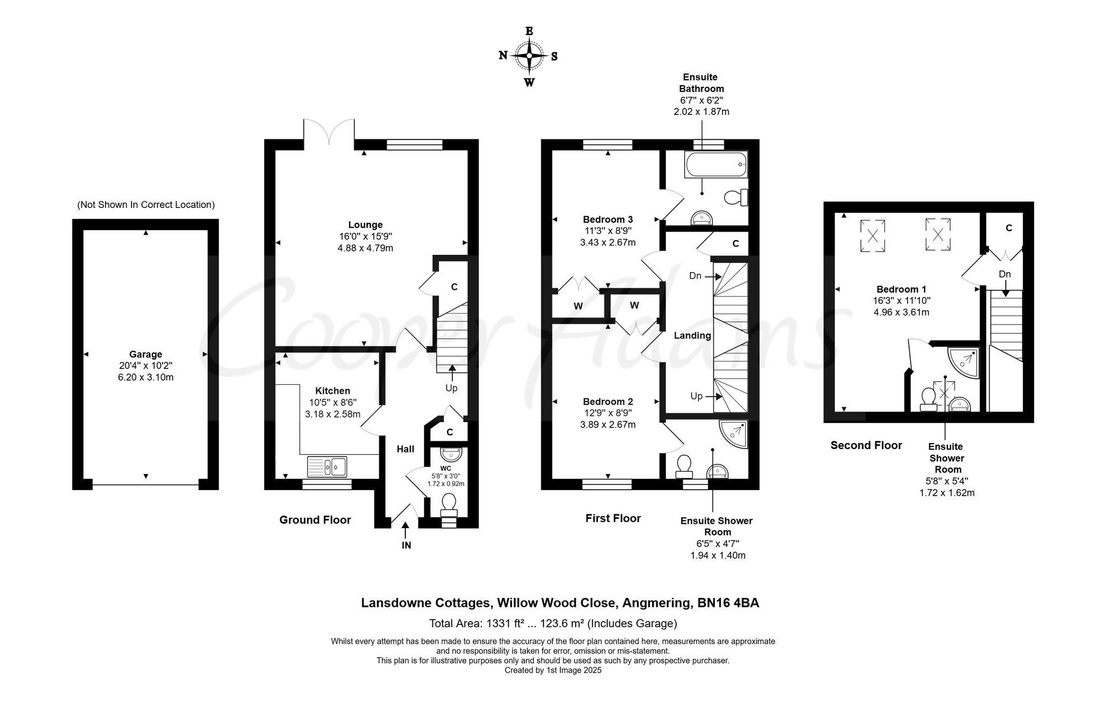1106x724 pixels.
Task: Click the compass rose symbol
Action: point(529,56)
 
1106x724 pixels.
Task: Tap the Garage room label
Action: point(145,355)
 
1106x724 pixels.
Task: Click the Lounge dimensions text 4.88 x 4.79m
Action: point(365,248)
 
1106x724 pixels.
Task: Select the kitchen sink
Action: point(327,466)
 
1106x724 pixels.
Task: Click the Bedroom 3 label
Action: point(607,220)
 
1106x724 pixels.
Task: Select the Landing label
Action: point(692,336)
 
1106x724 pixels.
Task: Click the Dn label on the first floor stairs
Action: point(695,275)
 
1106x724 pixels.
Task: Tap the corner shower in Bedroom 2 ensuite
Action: point(734,434)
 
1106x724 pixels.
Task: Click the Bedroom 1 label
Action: point(901,289)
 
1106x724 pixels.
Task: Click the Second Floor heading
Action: point(866,445)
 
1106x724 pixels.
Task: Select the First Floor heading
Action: point(613,518)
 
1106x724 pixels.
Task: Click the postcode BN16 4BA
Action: point(728,603)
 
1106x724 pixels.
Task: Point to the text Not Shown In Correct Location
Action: point(145,205)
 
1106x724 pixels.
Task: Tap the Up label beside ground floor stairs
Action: point(451,388)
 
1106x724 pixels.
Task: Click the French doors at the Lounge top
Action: point(329,133)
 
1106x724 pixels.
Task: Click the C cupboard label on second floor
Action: point(1009,228)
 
